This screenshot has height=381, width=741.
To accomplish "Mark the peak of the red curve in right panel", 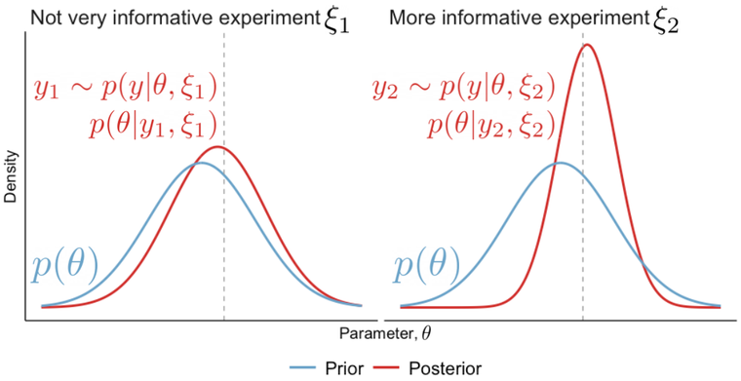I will coord(586,44).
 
